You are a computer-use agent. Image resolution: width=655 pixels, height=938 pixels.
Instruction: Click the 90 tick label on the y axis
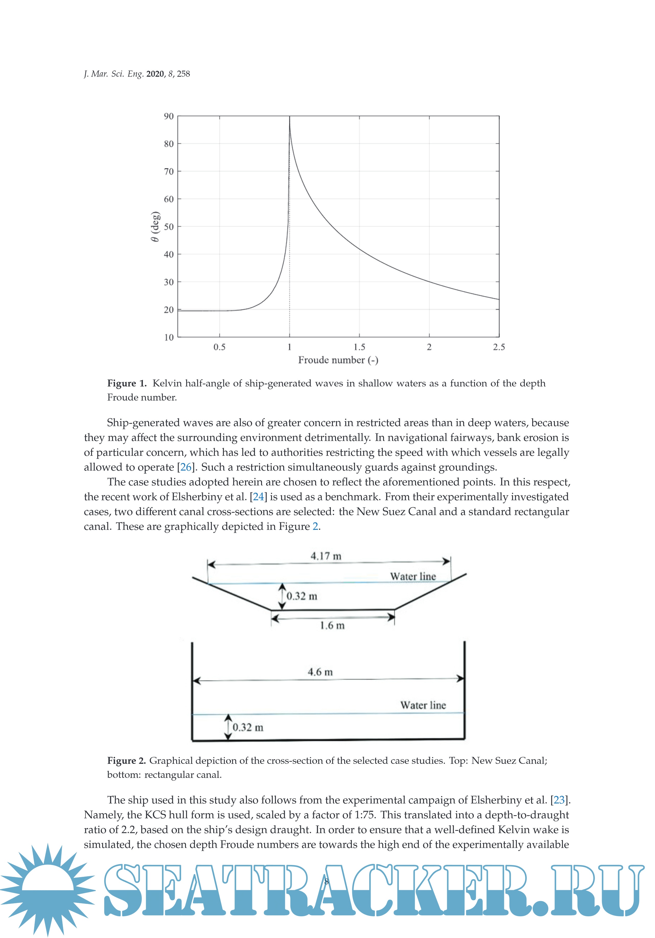coord(169,116)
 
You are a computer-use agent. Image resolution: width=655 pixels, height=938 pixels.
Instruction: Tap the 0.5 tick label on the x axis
coord(220,347)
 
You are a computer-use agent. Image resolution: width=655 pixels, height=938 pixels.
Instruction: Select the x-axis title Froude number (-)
coord(338,360)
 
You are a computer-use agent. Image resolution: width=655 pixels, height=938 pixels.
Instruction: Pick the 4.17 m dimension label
coord(326,556)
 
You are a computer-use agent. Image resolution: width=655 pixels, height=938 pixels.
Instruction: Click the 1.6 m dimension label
coord(332,625)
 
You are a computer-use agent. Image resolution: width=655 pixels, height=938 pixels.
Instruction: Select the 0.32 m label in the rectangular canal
coord(248,727)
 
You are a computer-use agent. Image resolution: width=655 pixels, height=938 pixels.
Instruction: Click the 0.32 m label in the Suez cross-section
coord(302,596)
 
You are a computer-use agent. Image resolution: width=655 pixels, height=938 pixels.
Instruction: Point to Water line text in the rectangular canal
coord(423,705)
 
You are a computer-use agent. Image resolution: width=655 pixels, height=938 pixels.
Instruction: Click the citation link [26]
coord(186,467)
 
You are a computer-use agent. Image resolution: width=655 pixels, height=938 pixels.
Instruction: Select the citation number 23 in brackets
coord(559,800)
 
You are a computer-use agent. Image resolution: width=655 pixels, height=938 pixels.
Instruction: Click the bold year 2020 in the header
coord(155,74)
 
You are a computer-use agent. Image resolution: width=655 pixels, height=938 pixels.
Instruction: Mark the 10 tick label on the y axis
coord(169,337)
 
